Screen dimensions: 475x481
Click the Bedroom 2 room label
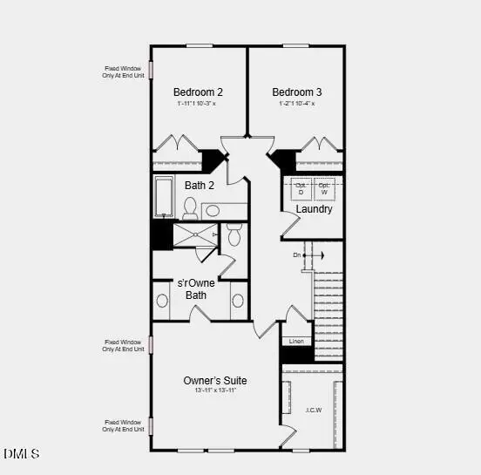click(x=198, y=92)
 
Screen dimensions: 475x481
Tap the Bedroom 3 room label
click(x=296, y=92)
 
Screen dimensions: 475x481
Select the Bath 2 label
click(x=199, y=185)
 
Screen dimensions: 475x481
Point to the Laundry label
click(x=314, y=209)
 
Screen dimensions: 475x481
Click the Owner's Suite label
click(x=214, y=381)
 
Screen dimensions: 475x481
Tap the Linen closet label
click(x=296, y=341)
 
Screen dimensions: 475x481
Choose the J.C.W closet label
click(x=314, y=410)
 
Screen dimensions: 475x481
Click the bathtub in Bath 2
click(x=164, y=197)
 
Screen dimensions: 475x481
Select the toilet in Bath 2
click(x=190, y=207)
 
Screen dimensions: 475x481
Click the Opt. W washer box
click(x=324, y=189)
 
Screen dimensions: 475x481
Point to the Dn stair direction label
click(x=297, y=254)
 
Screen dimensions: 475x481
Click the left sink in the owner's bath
click(x=162, y=301)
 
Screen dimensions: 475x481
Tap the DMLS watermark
click(x=22, y=454)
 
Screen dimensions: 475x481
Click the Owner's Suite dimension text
click(x=215, y=390)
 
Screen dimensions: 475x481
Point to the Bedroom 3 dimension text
click(x=296, y=104)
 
